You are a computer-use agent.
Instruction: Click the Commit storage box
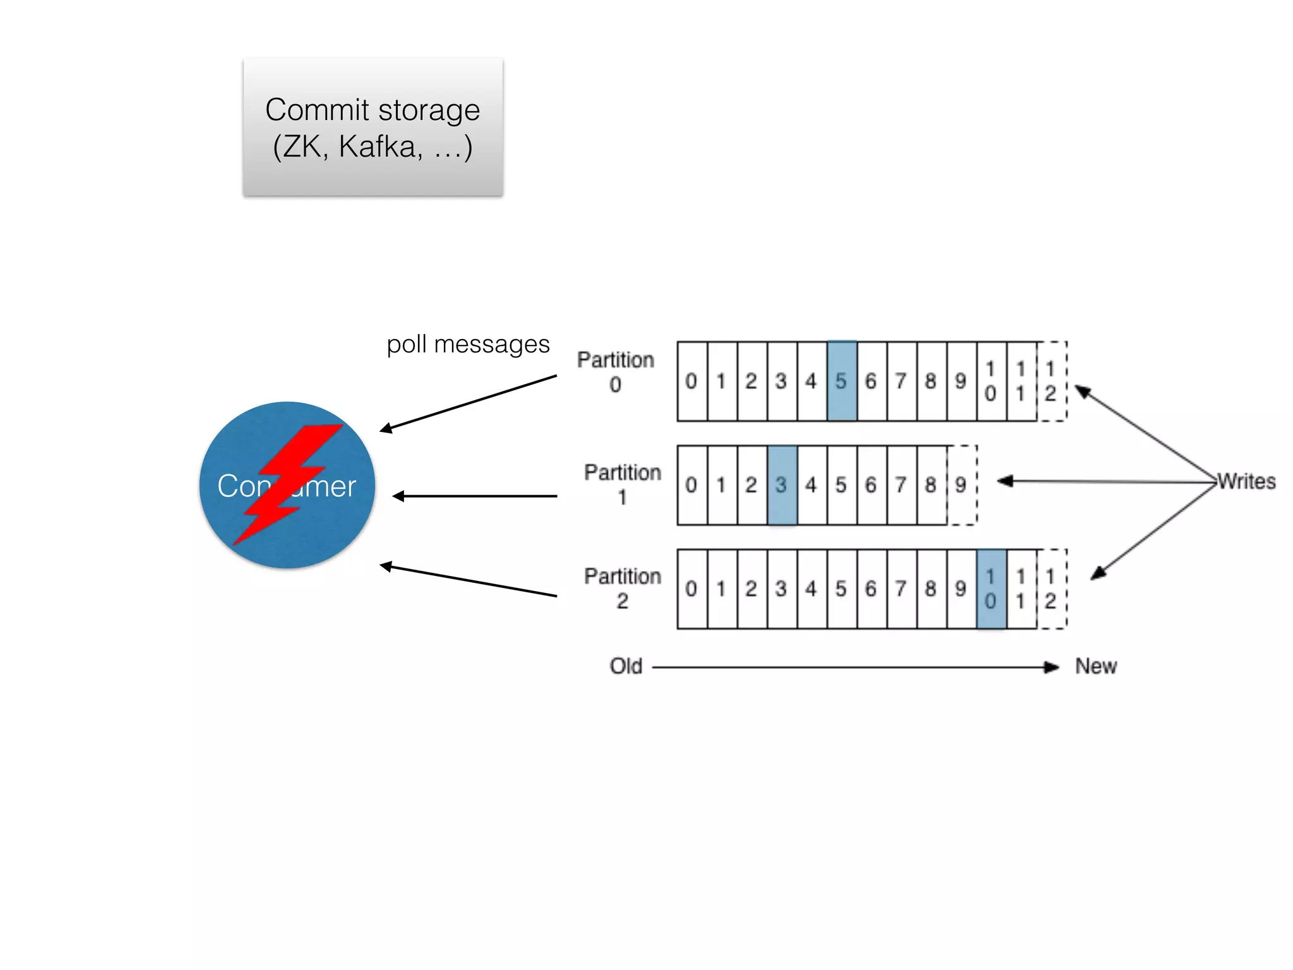click(372, 126)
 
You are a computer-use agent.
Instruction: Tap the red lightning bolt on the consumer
click(287, 483)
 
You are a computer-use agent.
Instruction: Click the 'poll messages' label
click(468, 345)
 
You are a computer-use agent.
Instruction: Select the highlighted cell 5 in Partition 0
click(842, 381)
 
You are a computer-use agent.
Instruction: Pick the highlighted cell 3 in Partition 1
click(782, 485)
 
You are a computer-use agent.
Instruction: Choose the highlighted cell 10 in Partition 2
click(991, 589)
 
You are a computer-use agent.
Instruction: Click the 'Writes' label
click(1246, 482)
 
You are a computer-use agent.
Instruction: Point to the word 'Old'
click(626, 666)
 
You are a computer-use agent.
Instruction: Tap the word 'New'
click(1096, 666)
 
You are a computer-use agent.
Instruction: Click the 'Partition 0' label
click(616, 371)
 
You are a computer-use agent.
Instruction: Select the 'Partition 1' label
click(623, 484)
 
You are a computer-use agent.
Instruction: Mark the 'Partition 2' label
click(623, 588)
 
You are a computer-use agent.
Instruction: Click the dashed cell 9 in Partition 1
click(962, 485)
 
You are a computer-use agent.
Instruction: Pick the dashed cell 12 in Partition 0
click(1051, 381)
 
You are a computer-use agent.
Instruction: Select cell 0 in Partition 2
click(692, 589)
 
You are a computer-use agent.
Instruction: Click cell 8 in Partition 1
click(931, 485)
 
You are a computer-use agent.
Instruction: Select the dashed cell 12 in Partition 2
click(1051, 589)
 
